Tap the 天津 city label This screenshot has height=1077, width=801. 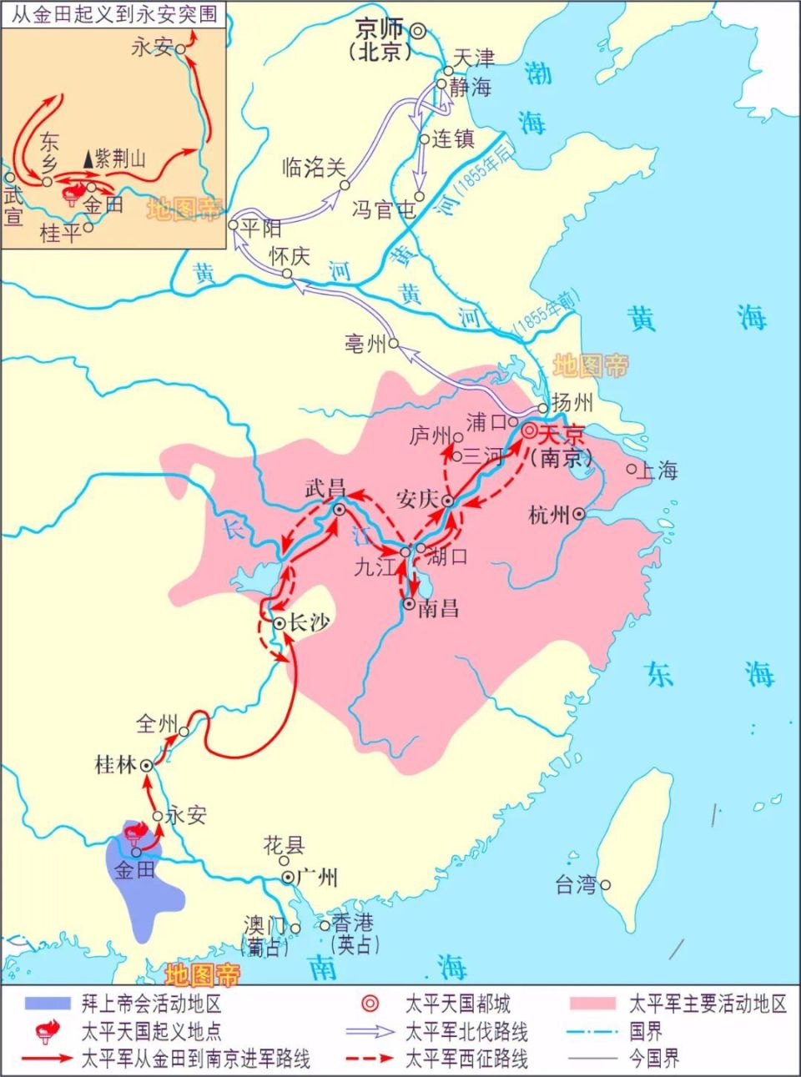pyautogui.click(x=474, y=58)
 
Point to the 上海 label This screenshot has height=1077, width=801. pyautogui.click(x=657, y=471)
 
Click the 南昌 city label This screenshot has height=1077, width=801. pyautogui.click(x=438, y=607)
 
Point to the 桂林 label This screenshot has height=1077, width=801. pyautogui.click(x=117, y=764)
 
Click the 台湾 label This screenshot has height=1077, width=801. pyautogui.click(x=577, y=885)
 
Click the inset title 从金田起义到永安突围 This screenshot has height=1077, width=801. pyautogui.click(x=113, y=14)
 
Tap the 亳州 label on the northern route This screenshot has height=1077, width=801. pyautogui.click(x=365, y=342)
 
